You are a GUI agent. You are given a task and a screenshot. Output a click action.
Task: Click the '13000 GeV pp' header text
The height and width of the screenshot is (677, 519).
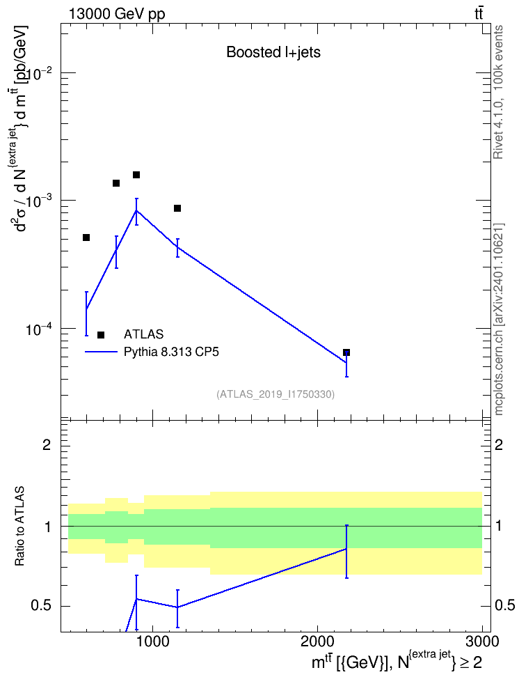pos(117,14)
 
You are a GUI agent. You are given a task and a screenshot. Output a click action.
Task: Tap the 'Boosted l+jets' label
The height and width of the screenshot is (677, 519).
pos(273,52)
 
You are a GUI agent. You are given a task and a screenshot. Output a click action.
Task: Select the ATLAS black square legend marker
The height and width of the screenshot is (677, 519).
pos(101,335)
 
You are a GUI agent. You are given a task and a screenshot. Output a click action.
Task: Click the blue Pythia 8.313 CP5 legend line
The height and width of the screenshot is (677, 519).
pos(101,352)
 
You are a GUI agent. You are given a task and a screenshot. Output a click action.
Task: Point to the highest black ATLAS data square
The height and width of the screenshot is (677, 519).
pos(136,175)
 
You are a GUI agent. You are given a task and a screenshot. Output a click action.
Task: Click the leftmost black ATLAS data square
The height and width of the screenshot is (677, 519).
pos(86,238)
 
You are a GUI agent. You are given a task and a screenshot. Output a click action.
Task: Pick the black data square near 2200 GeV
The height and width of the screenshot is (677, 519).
pos(346,352)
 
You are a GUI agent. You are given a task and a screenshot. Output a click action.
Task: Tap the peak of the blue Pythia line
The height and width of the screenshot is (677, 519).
pos(136,210)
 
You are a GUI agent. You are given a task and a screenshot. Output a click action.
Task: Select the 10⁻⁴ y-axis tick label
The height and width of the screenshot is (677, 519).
pos(40,329)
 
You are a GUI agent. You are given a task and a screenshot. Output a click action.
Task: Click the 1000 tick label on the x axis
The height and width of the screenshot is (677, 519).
pos(153,641)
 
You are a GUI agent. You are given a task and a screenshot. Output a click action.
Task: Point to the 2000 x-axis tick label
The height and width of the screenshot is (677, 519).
pos(317,641)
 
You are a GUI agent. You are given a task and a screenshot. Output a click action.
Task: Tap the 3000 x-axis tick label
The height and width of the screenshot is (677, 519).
pos(482,641)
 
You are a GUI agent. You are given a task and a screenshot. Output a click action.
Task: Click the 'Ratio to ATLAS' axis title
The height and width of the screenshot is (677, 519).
pos(19,527)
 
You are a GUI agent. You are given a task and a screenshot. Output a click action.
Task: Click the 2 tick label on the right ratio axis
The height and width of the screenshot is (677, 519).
pos(499,444)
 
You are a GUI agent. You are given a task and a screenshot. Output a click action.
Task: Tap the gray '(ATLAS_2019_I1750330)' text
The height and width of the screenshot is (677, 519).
pos(276,394)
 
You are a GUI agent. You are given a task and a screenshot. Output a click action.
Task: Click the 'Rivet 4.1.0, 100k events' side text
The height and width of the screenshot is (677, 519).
pos(498,93)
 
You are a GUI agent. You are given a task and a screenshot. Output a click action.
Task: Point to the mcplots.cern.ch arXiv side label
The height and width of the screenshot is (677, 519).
pos(498,319)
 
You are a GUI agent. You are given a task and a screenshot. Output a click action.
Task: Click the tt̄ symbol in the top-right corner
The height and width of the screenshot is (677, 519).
pos(479,14)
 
